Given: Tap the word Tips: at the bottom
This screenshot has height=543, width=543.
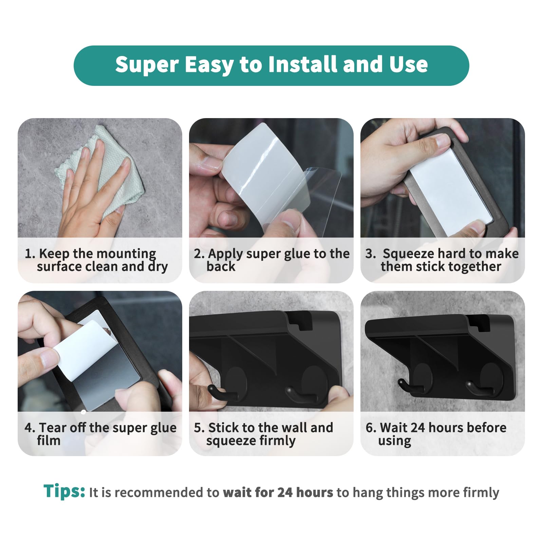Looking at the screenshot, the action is [x=64, y=491].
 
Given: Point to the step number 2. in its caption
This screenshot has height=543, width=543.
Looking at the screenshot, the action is [x=199, y=254].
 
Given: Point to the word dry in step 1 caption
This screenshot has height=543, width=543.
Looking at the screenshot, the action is [x=158, y=267].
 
